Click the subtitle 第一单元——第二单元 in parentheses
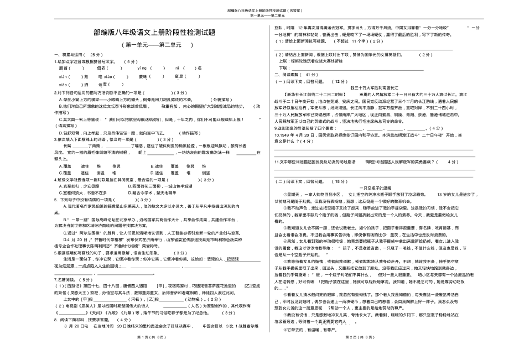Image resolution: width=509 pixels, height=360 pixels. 157,45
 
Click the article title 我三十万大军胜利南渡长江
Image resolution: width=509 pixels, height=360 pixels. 376,87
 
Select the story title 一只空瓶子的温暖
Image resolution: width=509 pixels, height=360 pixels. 376,188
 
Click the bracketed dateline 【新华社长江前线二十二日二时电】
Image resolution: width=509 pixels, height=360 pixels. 311,94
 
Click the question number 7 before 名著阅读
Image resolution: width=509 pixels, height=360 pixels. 55,279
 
